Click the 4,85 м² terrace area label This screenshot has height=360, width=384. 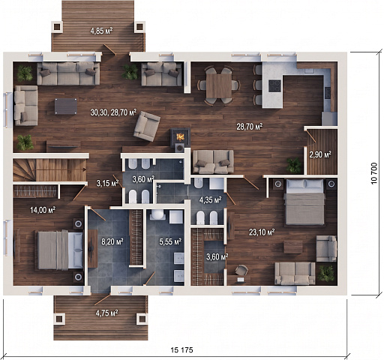click(101, 31)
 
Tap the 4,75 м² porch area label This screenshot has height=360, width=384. click(106, 313)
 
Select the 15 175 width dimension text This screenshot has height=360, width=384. click(182, 349)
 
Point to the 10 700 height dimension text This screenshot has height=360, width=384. click(374, 173)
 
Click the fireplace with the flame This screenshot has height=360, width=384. click(180, 137)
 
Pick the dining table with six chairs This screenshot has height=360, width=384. click(219, 85)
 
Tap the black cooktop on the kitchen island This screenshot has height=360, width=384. click(275, 85)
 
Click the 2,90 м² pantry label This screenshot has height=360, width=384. click(320, 154)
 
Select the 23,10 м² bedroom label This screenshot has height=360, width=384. click(262, 232)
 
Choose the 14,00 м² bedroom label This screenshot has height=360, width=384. click(43, 210)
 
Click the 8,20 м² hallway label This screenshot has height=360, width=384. click(112, 241)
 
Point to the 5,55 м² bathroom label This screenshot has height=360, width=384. click(170, 241)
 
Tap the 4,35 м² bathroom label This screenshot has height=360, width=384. click(210, 199)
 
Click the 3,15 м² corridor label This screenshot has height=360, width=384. click(107, 183)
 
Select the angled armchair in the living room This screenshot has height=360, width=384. click(147, 126)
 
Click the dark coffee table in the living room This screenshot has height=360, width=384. click(66, 106)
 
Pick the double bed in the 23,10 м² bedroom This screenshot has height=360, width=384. click(304, 202)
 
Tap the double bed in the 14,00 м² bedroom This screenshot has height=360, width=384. click(60, 250)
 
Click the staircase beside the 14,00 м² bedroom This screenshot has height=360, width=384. click(49, 170)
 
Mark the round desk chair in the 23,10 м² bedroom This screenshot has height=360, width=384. click(241, 270)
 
